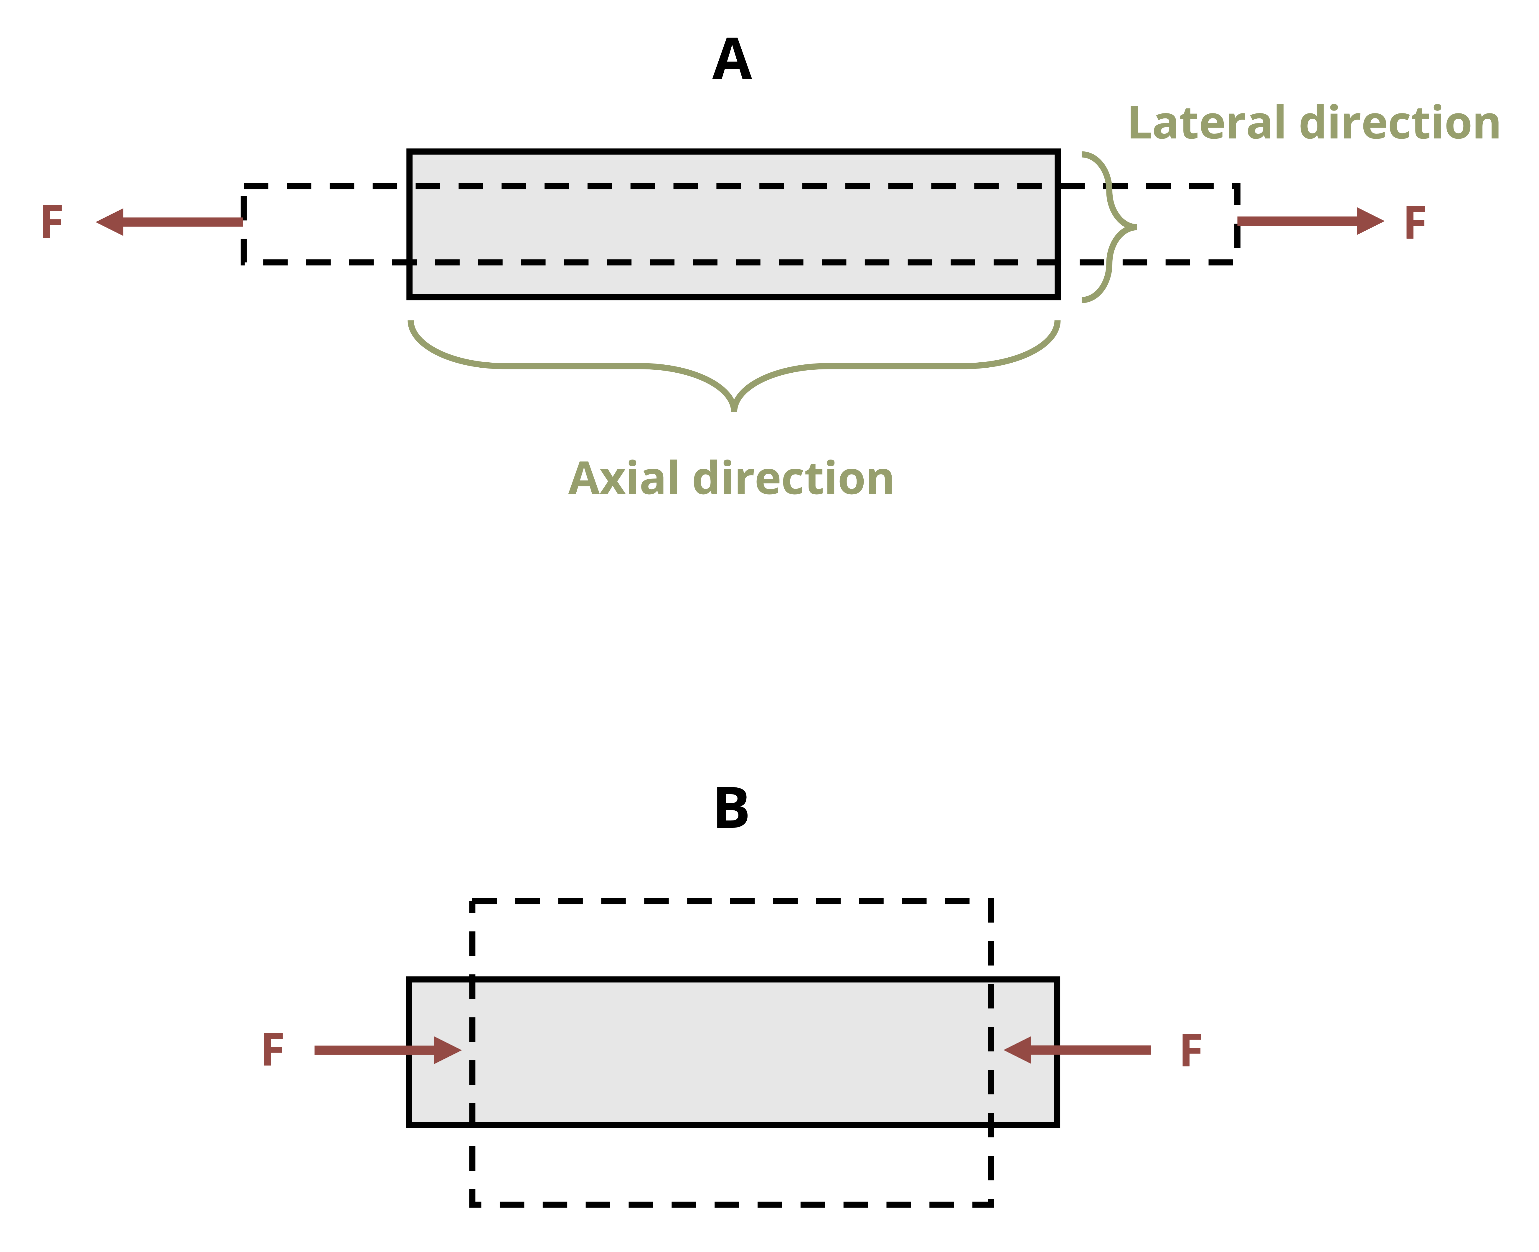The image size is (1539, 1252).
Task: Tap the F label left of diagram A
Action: [52, 222]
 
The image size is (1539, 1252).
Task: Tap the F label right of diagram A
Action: [1415, 223]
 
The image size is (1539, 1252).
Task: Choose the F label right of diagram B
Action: [1191, 1051]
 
